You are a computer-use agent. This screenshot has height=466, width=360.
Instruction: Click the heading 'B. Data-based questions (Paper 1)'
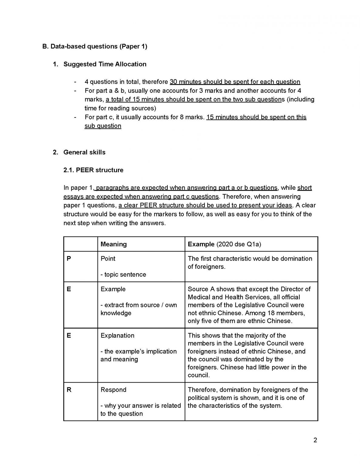point(95,46)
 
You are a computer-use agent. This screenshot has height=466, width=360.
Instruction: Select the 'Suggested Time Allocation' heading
point(105,64)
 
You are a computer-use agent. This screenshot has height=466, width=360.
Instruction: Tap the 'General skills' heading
point(84,152)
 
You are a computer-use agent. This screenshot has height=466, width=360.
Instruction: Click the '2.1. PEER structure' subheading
point(93,170)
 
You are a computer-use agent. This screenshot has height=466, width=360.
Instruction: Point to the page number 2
point(315,440)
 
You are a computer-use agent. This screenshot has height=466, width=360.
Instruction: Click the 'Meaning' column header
point(113,244)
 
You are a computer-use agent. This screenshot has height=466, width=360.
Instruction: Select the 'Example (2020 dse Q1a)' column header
point(224,244)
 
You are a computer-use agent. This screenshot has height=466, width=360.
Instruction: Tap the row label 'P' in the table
point(69,259)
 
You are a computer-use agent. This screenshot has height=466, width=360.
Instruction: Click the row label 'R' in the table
point(69,390)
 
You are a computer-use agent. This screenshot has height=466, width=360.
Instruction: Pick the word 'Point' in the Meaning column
point(108,259)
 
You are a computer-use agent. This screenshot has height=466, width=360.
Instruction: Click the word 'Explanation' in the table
point(117,336)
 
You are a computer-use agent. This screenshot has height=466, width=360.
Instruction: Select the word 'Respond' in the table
point(113,390)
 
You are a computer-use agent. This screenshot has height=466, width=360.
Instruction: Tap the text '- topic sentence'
point(123,275)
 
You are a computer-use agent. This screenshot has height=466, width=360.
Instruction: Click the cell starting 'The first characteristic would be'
point(250,263)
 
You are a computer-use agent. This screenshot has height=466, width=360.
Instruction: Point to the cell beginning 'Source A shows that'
point(249,305)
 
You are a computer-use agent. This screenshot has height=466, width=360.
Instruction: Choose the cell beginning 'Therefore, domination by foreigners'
point(248,398)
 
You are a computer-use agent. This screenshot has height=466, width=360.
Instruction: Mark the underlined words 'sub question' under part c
point(103,126)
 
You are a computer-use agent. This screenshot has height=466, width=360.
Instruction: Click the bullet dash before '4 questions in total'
point(75,82)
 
